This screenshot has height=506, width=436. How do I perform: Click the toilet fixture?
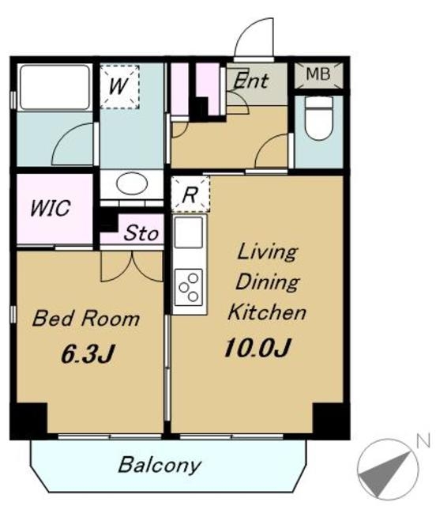coord(318,118)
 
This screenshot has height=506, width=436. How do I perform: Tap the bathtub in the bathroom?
coord(54,88)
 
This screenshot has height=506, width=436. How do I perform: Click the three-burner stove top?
coord(189,287)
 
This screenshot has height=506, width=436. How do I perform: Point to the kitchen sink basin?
coord(189,232)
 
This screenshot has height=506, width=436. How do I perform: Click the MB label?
coord(318,74)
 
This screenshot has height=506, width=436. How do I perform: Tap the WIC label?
coord(50,208)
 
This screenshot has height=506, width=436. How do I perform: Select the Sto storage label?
coord(141,233)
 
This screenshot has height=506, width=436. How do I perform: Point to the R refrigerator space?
coord(190,194)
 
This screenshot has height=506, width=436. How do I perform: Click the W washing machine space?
coord(119,86)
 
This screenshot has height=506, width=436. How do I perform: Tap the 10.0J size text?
coord(257,348)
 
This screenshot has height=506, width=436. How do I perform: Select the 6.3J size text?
coord(88,354)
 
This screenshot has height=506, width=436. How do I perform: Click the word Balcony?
coord(160,465)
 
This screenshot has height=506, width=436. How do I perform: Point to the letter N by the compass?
coord(423,441)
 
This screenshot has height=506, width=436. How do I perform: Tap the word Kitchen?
coord(267,312)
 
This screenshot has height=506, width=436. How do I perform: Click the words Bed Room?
coord(86,319)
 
